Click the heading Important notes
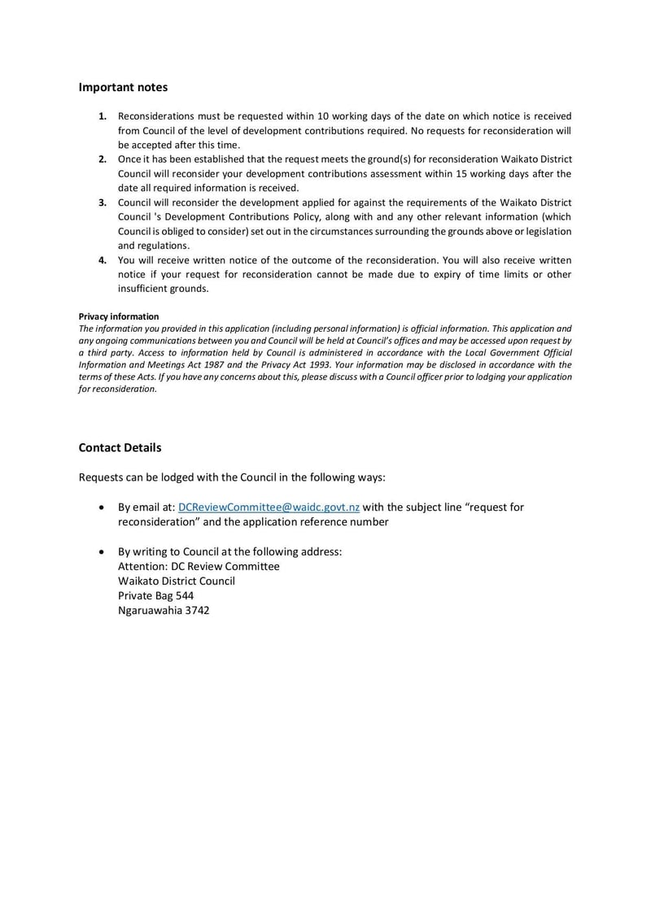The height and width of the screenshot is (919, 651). pyautogui.click(x=123, y=87)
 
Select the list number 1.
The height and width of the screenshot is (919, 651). pyautogui.click(x=103, y=116)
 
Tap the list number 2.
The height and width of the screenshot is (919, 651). pyautogui.click(x=103, y=159)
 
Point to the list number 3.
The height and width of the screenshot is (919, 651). pyautogui.click(x=103, y=202)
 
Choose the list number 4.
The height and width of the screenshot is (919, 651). pyautogui.click(x=103, y=260)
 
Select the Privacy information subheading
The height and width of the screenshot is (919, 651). pyautogui.click(x=119, y=316)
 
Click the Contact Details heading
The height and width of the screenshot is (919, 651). pyautogui.click(x=120, y=447)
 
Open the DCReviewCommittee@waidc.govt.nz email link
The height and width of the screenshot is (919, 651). pyautogui.click(x=269, y=507)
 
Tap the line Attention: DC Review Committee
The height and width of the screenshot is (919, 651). pyautogui.click(x=199, y=566)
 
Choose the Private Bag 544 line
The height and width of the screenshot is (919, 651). pyautogui.click(x=155, y=595)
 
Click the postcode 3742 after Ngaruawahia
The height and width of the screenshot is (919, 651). pyautogui.click(x=195, y=610)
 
